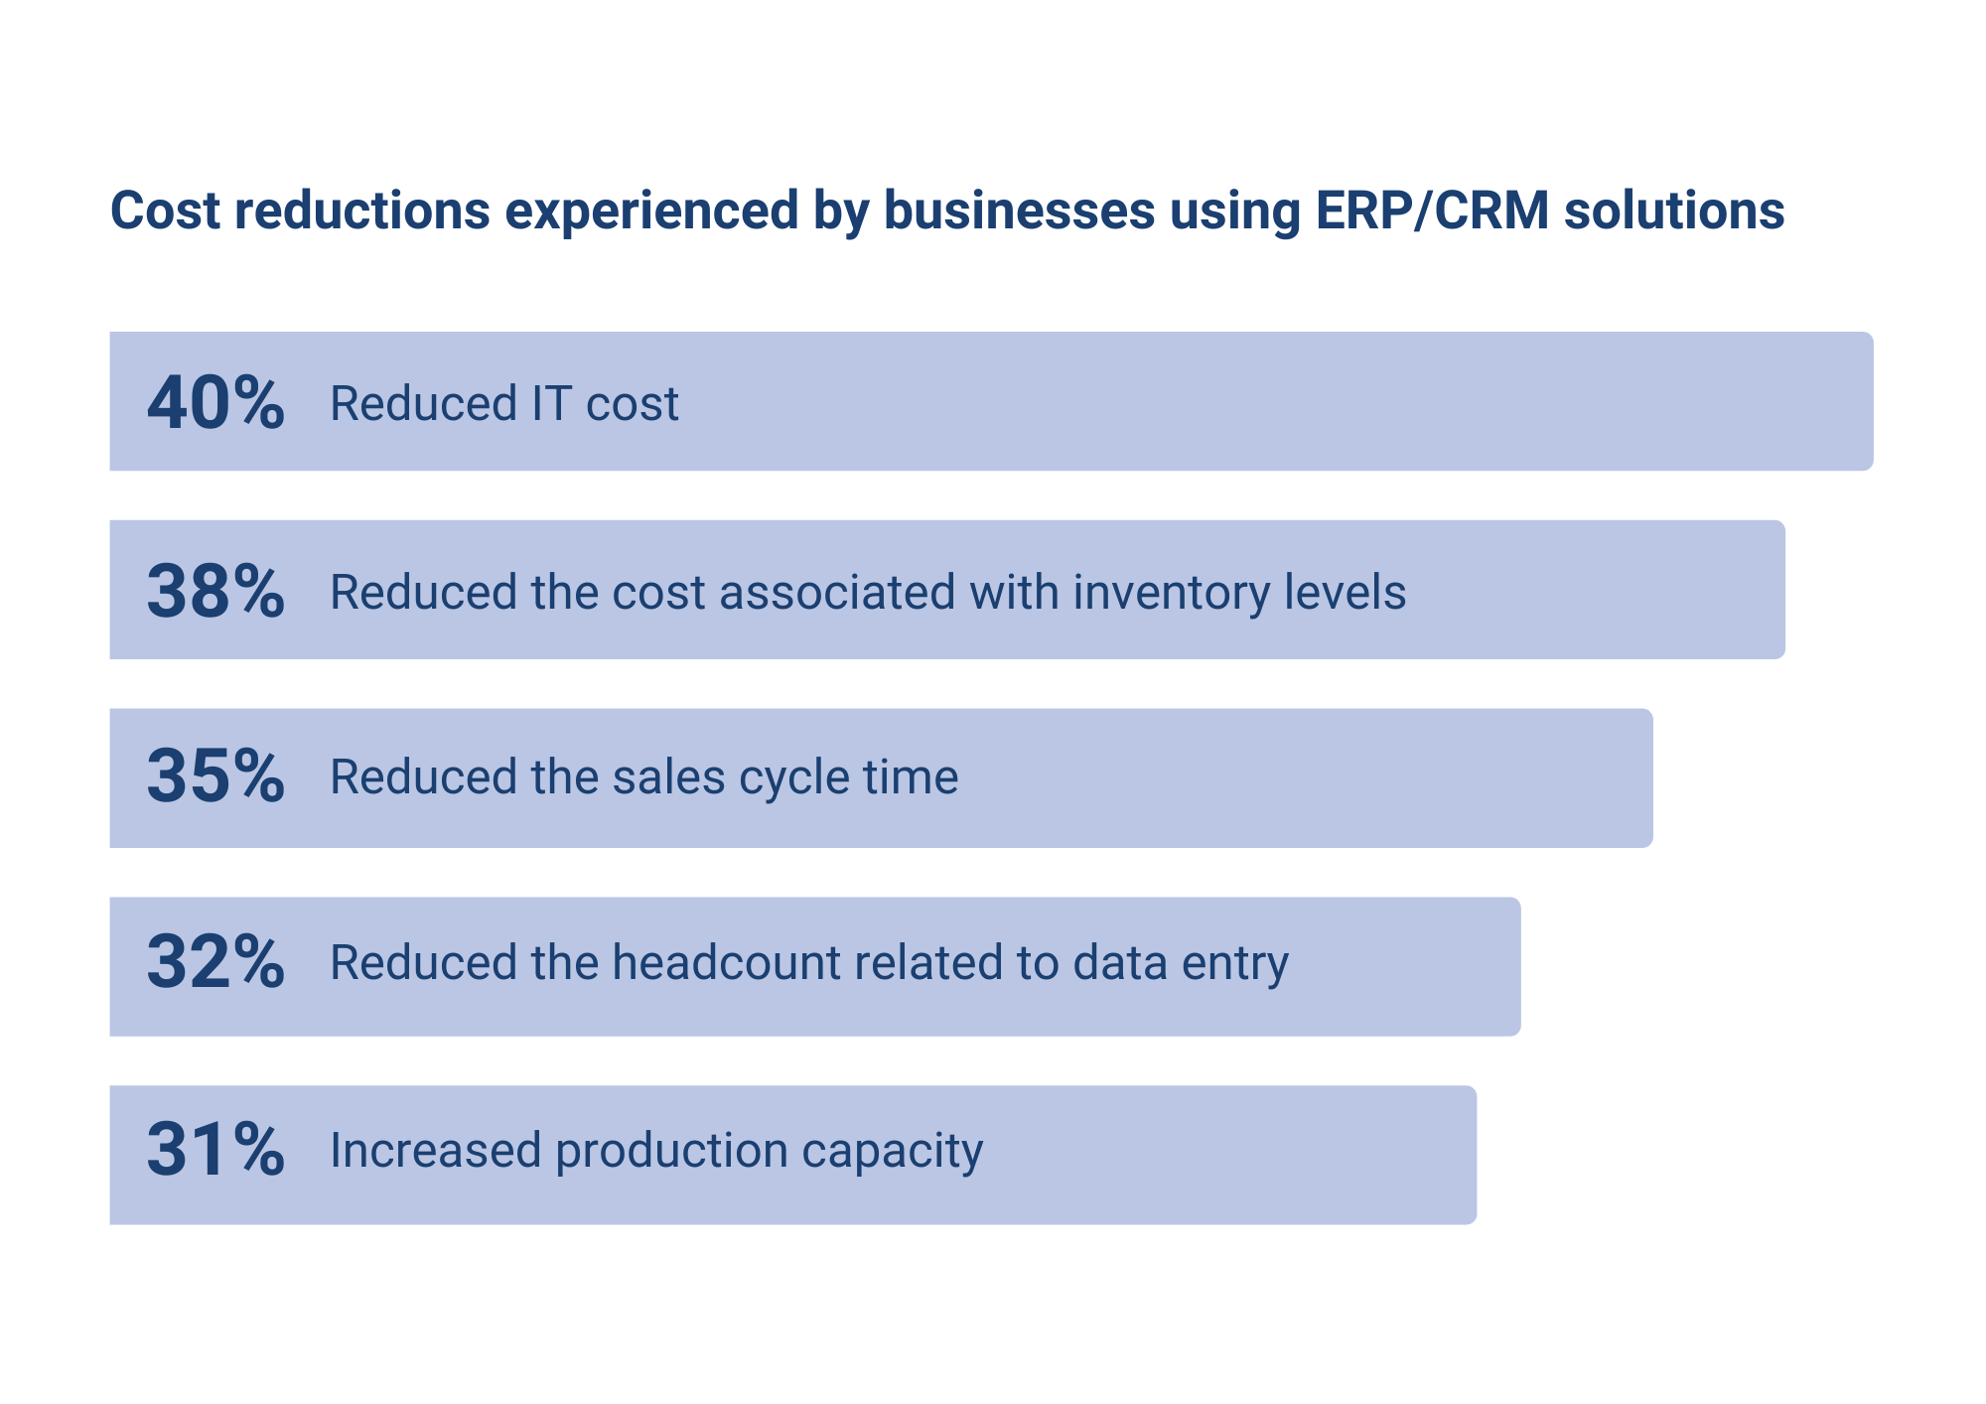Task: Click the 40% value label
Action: [x=215, y=403]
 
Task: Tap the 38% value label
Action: [x=215, y=591]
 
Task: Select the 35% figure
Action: [x=215, y=776]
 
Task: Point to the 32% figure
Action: [x=215, y=962]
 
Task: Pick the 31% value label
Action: [x=215, y=1150]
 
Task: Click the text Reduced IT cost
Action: [x=504, y=404]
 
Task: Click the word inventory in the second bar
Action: [x=1170, y=593]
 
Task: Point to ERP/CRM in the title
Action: [x=1432, y=211]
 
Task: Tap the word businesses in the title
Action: [x=1019, y=211]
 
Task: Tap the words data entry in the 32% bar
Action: [x=1180, y=963]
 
